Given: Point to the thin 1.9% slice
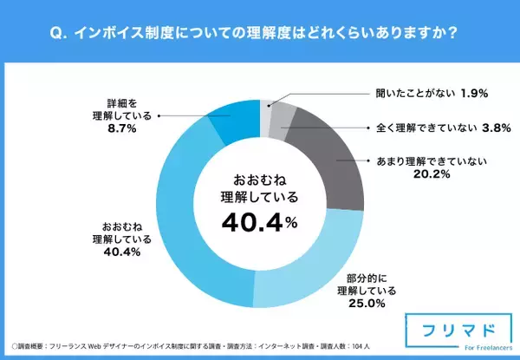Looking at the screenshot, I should point(265,114).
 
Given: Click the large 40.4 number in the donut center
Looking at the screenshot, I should point(251,225).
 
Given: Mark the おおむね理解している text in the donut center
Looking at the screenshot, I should point(260,188).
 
